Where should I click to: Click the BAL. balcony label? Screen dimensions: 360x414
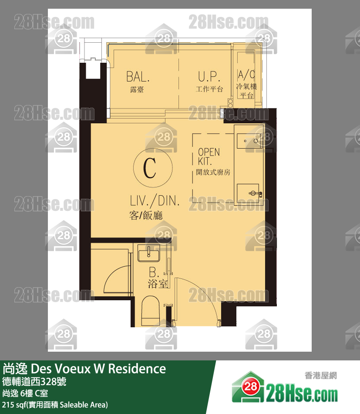[x=138, y=77]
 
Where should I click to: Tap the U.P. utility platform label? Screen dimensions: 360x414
[x=209, y=76]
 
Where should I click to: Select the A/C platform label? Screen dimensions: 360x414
[x=246, y=75]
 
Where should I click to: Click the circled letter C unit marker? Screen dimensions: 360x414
[x=153, y=168]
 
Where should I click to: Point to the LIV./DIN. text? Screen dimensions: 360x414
[x=155, y=200]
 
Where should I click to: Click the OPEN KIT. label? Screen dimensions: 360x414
[x=209, y=156]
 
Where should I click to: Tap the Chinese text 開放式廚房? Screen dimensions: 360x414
[x=213, y=173]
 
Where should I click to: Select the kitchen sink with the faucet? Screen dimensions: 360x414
[x=249, y=193]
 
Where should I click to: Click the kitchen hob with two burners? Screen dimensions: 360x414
[x=249, y=141]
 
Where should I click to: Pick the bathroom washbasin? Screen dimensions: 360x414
[x=149, y=253]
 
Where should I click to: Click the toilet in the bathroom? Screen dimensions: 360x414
[x=150, y=311]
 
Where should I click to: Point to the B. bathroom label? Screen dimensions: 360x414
[x=154, y=272]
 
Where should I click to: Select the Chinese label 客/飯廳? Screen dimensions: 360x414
[x=146, y=215]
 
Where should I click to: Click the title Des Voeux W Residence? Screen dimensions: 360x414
[x=98, y=369]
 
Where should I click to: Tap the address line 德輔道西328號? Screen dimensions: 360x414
[x=34, y=381]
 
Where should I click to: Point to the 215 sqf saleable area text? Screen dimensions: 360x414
[x=55, y=405]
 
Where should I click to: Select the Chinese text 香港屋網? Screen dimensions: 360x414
[x=321, y=376]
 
